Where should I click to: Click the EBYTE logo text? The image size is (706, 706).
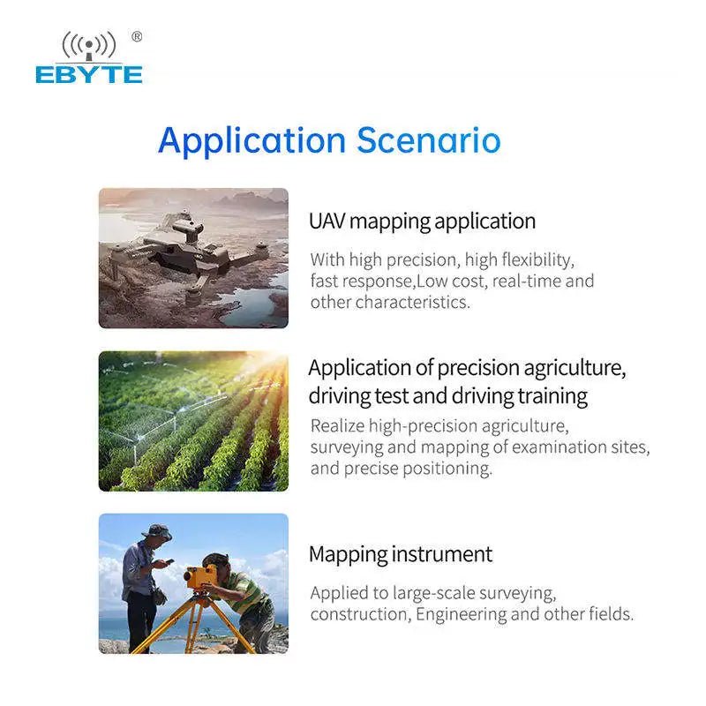pos(89,75)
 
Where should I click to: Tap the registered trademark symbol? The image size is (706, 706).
pos(137,36)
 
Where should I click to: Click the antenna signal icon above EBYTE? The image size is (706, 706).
pos(89,46)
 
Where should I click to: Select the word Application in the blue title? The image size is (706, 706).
pos(252,141)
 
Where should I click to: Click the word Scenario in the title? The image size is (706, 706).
pos(429,140)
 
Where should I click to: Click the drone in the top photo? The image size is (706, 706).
pos(189,254)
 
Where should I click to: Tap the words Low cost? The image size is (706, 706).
pos(451,281)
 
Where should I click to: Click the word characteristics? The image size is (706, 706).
pos(412,302)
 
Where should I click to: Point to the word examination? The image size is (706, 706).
pos(554,447)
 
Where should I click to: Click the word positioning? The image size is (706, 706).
pos(447,469)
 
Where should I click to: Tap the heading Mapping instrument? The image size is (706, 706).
pos(401,554)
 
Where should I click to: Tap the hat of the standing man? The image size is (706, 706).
pos(156,531)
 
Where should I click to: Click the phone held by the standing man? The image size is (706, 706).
pos(169,561)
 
